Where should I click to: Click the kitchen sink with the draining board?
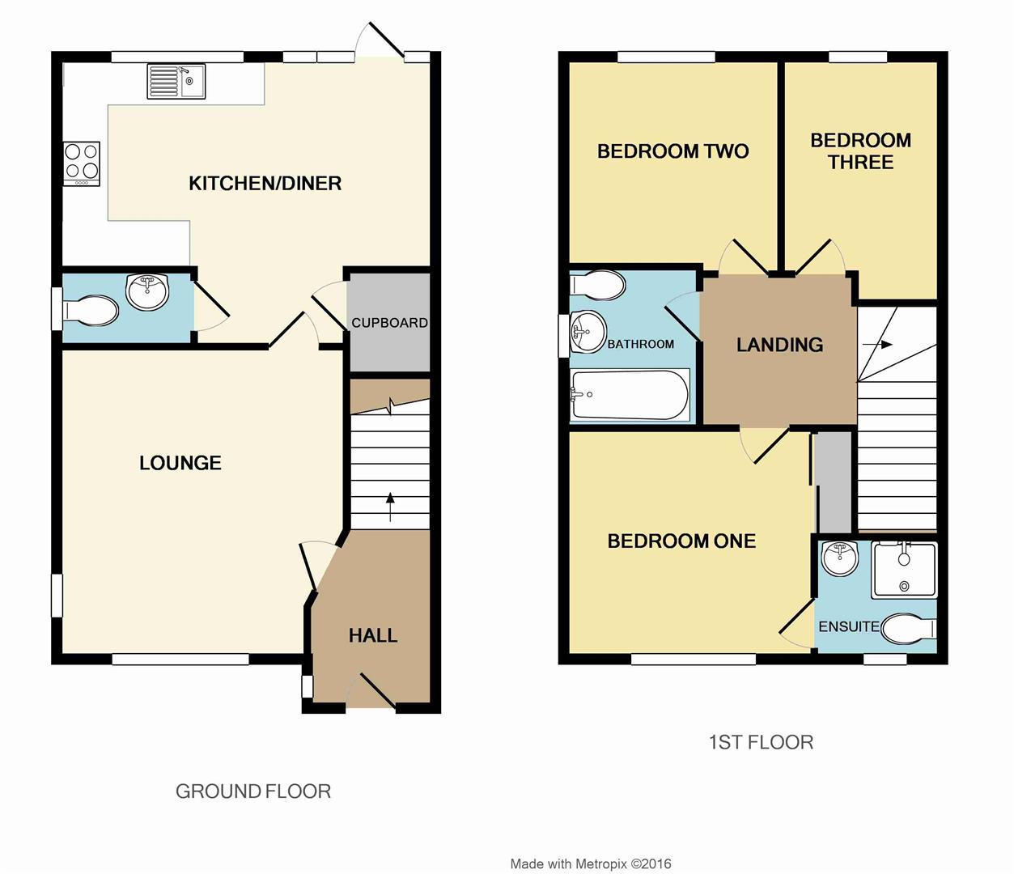point(176,82)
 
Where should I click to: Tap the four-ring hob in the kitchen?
point(82,161)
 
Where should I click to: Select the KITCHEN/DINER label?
point(265,184)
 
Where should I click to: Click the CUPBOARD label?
point(389,323)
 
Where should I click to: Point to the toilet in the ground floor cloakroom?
point(91,309)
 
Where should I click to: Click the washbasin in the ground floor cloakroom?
point(147,291)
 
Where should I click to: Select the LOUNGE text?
point(180,463)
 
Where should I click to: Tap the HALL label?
point(373,636)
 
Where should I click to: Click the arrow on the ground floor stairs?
point(390,506)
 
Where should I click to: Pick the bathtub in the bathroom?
point(630,395)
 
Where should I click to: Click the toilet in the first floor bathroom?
point(598,285)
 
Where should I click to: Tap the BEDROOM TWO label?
point(672,151)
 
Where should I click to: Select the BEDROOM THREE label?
point(860,151)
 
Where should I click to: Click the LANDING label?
point(779,346)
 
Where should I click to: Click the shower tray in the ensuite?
point(904,570)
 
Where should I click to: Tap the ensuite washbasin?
point(839,558)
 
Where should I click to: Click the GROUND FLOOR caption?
point(253,791)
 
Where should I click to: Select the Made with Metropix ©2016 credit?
point(591,864)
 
